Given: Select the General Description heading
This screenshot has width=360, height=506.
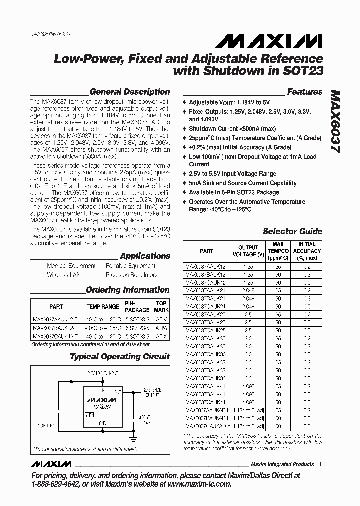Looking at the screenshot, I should (129, 92).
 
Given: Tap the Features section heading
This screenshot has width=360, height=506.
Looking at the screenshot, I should (304, 92).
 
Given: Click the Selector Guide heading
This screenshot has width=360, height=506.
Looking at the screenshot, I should (292, 231).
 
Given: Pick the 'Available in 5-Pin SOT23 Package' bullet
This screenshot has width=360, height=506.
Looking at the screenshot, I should (234, 192).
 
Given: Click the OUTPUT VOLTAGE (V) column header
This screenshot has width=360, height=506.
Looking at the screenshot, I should (248, 251).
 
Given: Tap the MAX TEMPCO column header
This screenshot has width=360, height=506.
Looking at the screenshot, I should (278, 251).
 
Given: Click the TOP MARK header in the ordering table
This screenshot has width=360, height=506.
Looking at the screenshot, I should (161, 306).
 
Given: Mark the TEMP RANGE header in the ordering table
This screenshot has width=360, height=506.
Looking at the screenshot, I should (103, 306).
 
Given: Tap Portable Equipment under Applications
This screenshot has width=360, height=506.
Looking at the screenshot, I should (130, 266).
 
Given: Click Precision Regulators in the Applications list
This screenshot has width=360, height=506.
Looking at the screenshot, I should (131, 275).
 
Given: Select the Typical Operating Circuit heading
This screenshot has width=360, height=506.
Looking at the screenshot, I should (119, 357).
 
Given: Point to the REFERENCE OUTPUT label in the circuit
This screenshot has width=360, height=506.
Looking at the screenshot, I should (152, 391).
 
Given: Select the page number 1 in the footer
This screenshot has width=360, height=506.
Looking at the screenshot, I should (320, 464).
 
